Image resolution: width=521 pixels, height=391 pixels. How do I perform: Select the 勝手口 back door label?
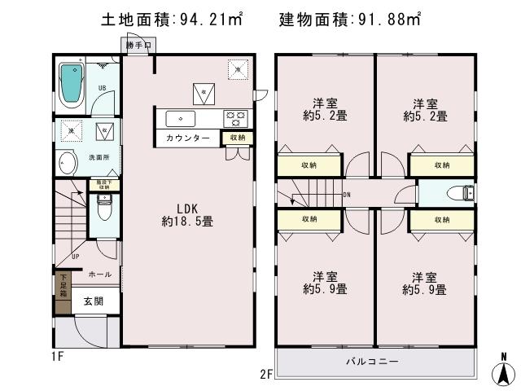[138, 46]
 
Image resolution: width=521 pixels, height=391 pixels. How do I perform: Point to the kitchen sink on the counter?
[180, 119]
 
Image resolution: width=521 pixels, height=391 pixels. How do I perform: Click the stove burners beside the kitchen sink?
[236, 118]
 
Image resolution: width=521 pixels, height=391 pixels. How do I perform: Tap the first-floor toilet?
[103, 208]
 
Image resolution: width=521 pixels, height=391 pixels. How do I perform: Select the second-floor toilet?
[465, 194]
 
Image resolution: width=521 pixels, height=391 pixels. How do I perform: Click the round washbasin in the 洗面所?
[66, 165]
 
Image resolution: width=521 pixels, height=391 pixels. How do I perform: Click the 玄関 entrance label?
[93, 301]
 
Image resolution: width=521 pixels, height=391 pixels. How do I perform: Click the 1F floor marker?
[58, 356]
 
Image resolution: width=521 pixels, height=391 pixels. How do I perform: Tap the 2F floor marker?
[266, 374]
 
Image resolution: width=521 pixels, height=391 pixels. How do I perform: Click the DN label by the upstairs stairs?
[346, 195]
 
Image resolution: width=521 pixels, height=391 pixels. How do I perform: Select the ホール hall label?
[99, 275]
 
